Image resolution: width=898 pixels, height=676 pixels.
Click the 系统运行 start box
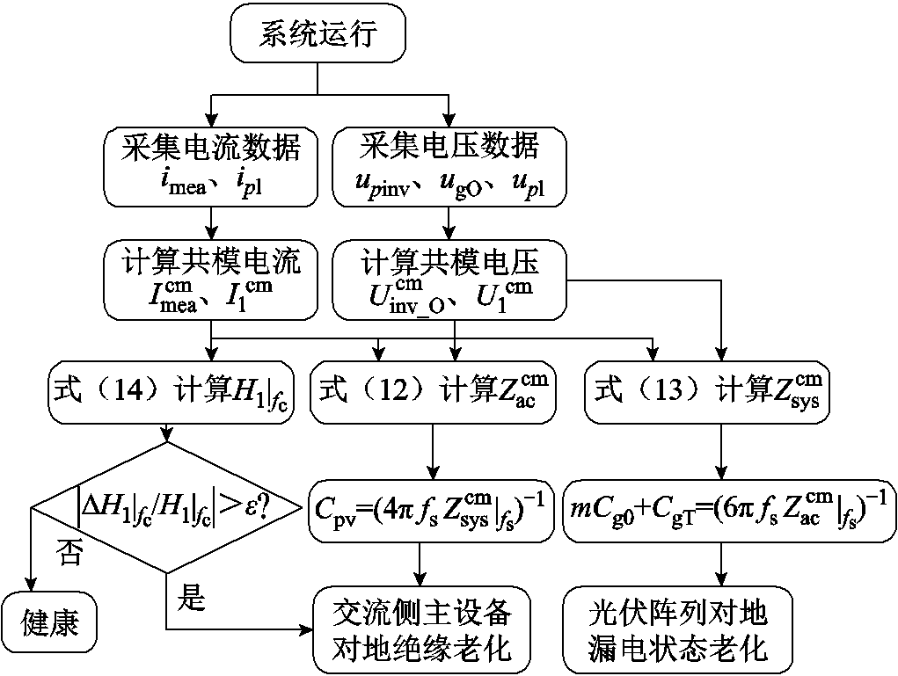point(318,35)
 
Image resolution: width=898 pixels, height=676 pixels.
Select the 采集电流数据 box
point(211,166)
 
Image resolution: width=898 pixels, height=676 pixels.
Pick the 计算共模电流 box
point(211,280)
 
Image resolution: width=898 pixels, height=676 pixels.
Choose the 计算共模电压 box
point(450,280)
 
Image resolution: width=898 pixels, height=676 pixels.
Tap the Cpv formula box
point(431,509)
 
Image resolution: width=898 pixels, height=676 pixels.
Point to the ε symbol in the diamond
point(260,506)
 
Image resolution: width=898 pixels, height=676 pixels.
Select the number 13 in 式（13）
point(657,389)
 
